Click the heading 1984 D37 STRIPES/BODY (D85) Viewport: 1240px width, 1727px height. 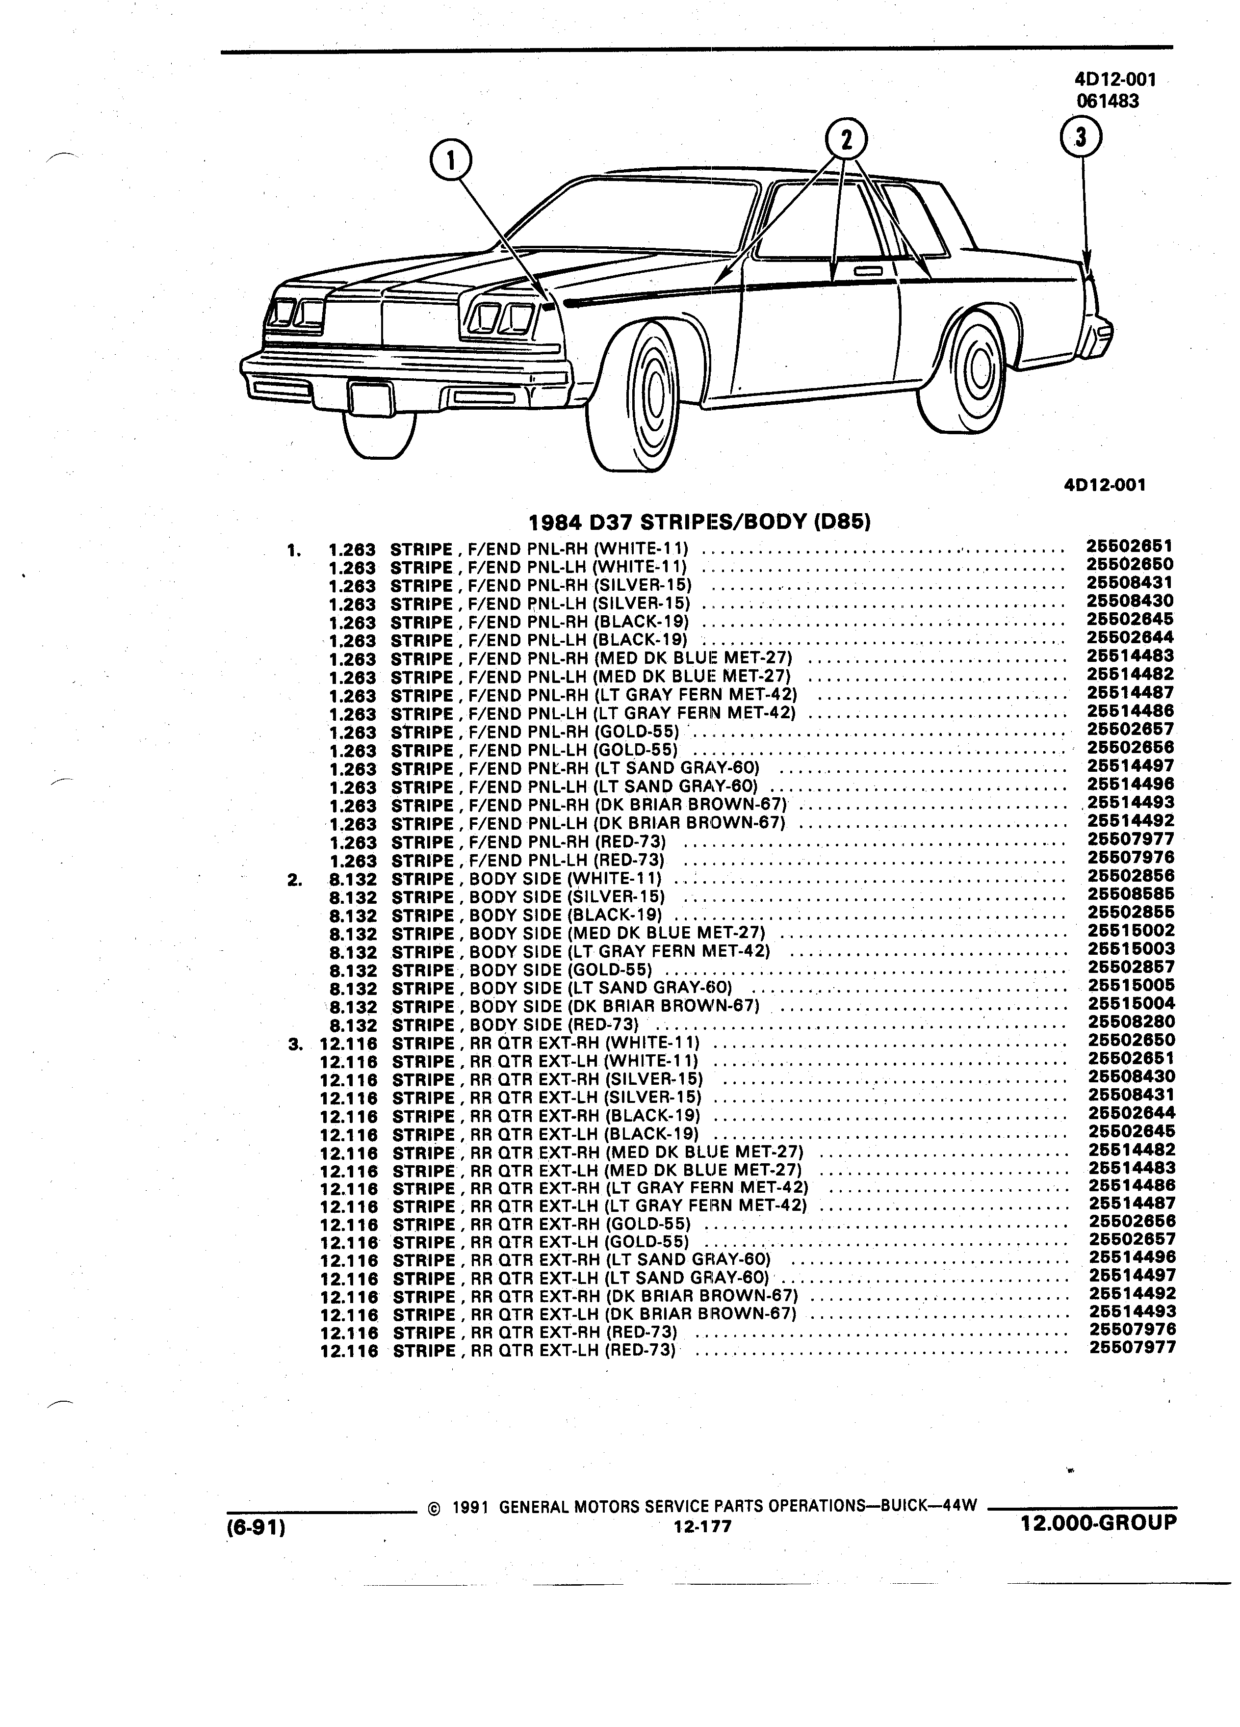click(x=699, y=523)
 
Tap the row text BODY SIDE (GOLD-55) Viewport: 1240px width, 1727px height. click(x=560, y=970)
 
